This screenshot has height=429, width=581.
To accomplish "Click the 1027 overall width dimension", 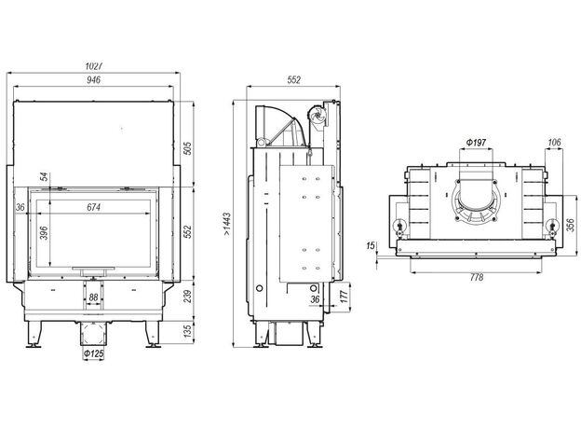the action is [93, 66].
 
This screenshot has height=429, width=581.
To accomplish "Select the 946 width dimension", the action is [93, 80].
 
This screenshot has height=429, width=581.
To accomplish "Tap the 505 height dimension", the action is [188, 148].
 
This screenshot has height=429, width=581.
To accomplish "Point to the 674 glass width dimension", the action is [93, 207].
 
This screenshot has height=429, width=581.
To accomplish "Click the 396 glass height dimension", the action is [44, 233].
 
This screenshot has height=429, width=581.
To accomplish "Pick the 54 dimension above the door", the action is [44, 176].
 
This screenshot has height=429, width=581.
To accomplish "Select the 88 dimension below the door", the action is [93, 298].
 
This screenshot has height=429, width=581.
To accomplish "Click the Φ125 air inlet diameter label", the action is [93, 353].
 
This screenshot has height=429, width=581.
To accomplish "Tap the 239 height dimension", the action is [188, 297].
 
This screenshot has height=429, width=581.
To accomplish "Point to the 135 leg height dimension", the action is [188, 331].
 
